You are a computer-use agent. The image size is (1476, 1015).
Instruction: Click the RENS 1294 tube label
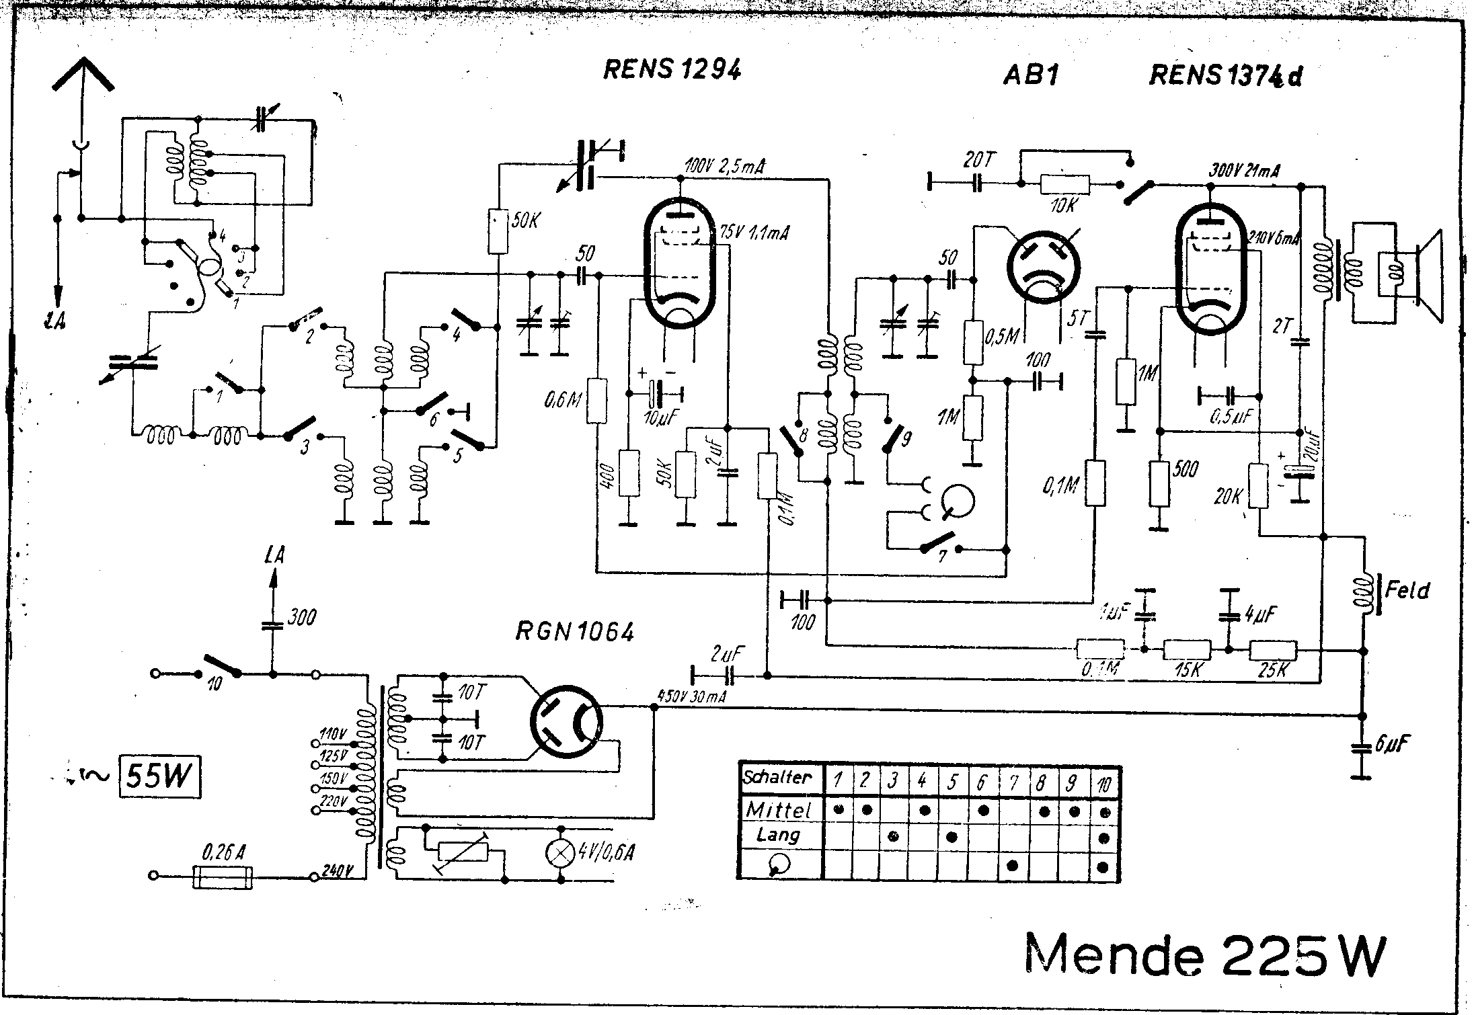[x=672, y=69]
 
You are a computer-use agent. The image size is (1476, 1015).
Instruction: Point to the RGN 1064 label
[x=574, y=632]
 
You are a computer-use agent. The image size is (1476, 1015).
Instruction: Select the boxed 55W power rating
[x=159, y=776]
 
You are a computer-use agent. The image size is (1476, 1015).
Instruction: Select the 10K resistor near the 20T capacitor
[x=1064, y=184]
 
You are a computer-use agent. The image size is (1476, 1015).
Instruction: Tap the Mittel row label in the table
[x=779, y=809]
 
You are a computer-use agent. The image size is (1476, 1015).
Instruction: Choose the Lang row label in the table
[x=778, y=836]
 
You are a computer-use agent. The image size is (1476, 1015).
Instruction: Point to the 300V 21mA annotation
[x=1245, y=171]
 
